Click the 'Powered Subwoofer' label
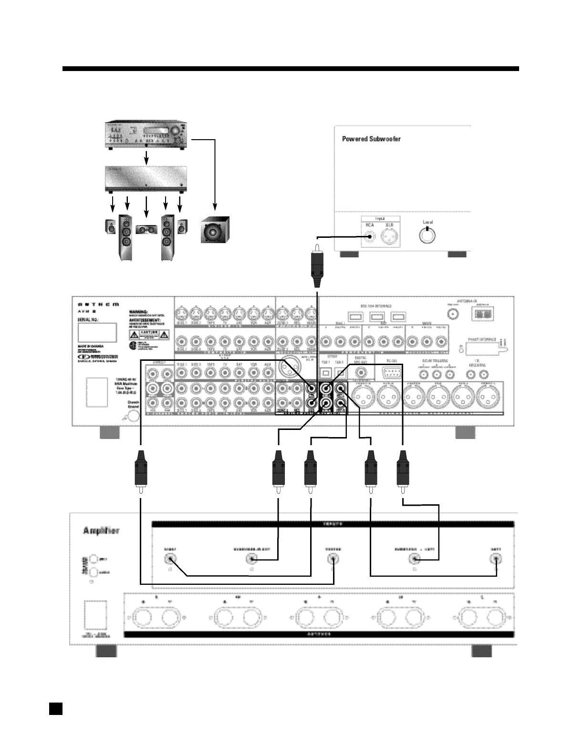pos(371,139)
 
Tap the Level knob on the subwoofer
pos(427,235)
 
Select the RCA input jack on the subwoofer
pos(369,236)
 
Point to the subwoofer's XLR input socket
pos(389,236)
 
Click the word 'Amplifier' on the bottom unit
pos(101,531)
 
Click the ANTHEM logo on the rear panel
pos(98,304)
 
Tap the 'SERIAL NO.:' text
pos(88,319)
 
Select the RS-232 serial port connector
pos(391,372)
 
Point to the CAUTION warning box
pos(149,334)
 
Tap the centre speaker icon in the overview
pos(146,229)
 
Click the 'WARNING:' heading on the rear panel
pos(138,312)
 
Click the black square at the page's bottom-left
pos(56,708)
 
